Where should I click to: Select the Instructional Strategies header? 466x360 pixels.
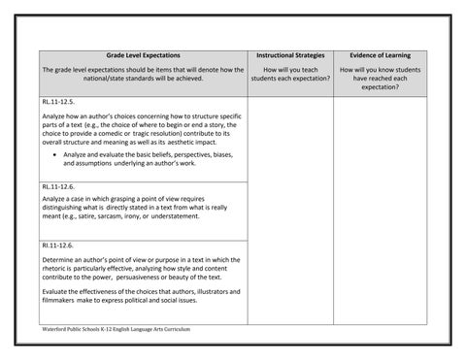pyautogui.click(x=289, y=57)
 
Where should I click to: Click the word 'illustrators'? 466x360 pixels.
pyautogui.click(x=192, y=291)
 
